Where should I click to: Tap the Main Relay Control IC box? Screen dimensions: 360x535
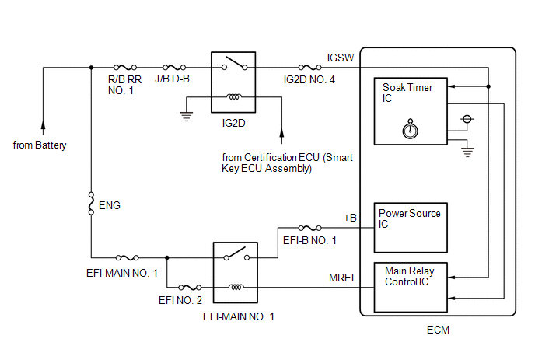coord(411,285)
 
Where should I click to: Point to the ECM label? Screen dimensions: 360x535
coord(438,330)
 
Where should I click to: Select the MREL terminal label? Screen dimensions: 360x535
coord(343,278)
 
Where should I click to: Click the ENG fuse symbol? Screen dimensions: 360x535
coord(92,204)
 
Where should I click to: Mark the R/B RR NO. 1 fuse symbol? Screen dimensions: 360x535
coord(126,68)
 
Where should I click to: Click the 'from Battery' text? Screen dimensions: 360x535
coord(40,145)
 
